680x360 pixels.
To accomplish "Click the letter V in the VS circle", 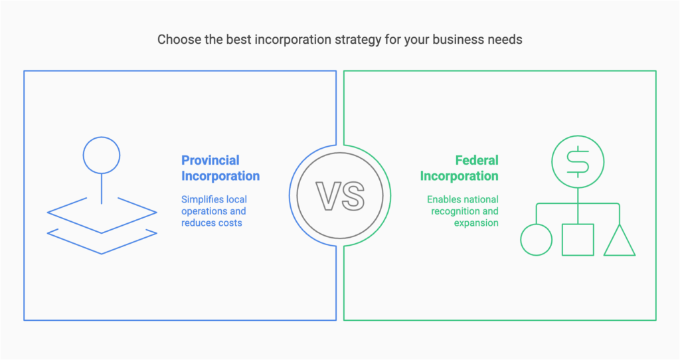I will coord(328,196).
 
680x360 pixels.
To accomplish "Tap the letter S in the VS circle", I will coord(353,196).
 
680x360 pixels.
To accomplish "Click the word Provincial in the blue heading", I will coord(211,160).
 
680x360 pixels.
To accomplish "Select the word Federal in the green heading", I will coord(476,160).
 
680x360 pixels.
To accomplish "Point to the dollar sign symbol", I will coord(578,161).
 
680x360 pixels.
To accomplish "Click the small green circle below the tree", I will coord(537,240).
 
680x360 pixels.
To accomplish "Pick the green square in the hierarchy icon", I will coord(578,240).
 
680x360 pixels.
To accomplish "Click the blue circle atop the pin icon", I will coord(102,156).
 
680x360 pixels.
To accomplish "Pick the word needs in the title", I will coord(505,40).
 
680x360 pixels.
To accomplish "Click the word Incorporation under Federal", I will coord(459,176).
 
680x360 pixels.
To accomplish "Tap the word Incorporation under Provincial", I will coord(220,176).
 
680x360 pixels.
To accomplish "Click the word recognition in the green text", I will coord(454,211).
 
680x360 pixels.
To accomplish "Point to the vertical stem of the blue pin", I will coord(102,189).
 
